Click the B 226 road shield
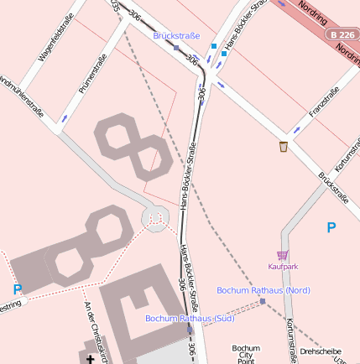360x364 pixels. [342, 34]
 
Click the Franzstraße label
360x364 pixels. [324, 102]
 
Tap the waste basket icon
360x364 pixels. [284, 147]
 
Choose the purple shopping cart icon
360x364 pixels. [283, 255]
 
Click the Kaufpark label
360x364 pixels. [283, 266]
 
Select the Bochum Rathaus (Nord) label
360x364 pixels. [263, 290]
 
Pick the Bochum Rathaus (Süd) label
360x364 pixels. [190, 319]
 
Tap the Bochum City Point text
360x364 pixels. [246, 353]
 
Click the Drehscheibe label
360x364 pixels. [321, 351]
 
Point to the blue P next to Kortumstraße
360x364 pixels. [331, 227]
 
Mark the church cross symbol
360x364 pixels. [91, 359]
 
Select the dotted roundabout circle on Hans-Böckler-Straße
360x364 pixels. [155, 220]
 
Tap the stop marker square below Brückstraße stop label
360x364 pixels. [175, 47]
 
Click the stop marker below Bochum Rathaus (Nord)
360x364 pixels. [262, 301]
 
